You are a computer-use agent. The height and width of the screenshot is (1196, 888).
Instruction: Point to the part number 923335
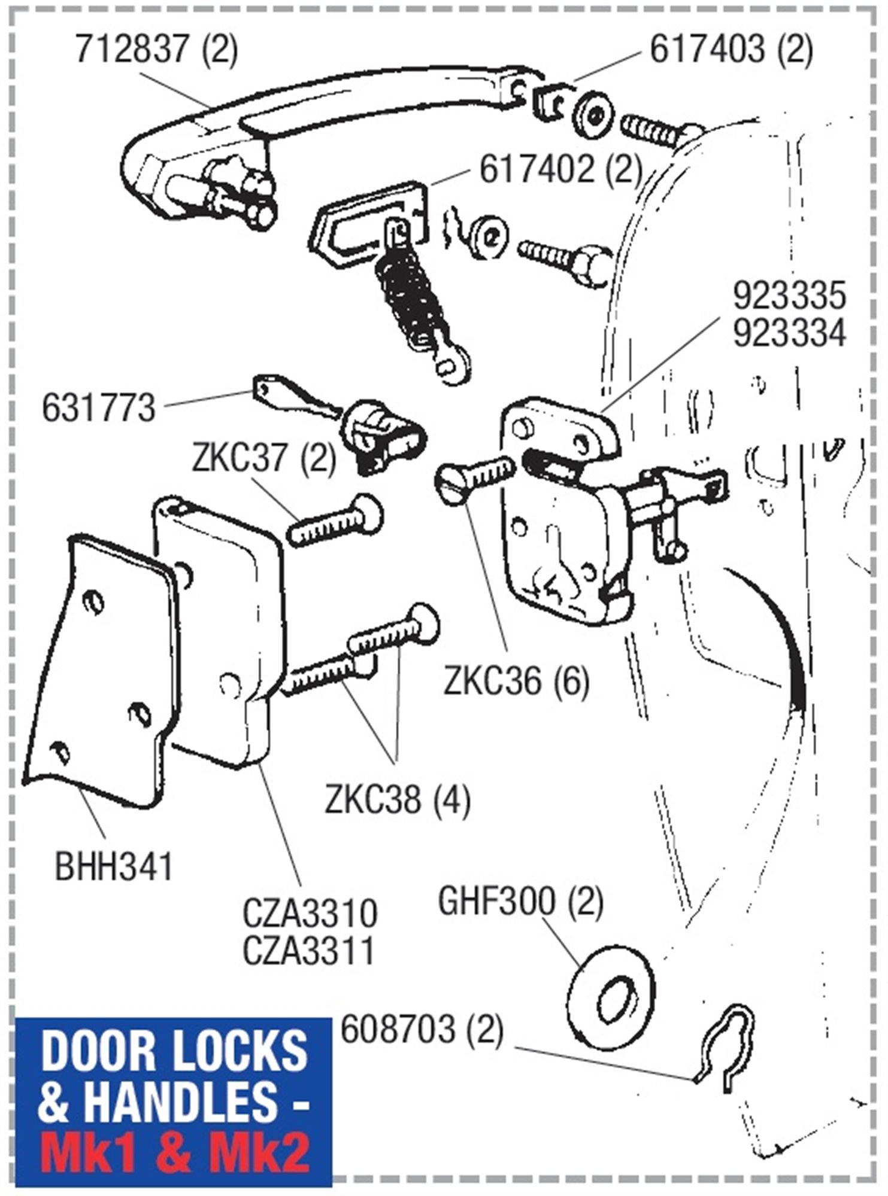click(789, 297)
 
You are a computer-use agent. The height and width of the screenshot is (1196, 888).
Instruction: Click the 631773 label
click(99, 408)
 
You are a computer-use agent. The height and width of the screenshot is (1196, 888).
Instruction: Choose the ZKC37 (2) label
click(264, 459)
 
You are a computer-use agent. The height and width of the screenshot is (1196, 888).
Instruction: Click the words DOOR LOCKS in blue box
click(174, 1051)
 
